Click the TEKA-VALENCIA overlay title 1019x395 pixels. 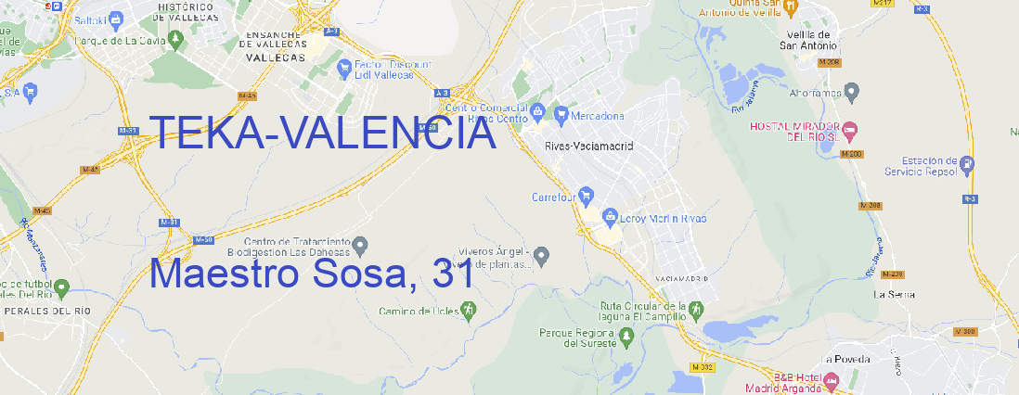pos(322,134)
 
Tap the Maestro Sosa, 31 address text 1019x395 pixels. pos(312,274)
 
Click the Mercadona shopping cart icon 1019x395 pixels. pos(561,115)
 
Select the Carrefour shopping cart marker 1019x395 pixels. pos(587,197)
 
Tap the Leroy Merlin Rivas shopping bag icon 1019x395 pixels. pos(610,218)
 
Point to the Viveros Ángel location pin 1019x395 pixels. pos(544,254)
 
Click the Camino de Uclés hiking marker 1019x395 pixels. pos(468,310)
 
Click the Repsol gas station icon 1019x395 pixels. pos(968,165)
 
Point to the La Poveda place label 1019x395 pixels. pos(845,359)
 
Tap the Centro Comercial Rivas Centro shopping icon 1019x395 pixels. pos(536,112)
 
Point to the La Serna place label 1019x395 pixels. pos(895,294)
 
